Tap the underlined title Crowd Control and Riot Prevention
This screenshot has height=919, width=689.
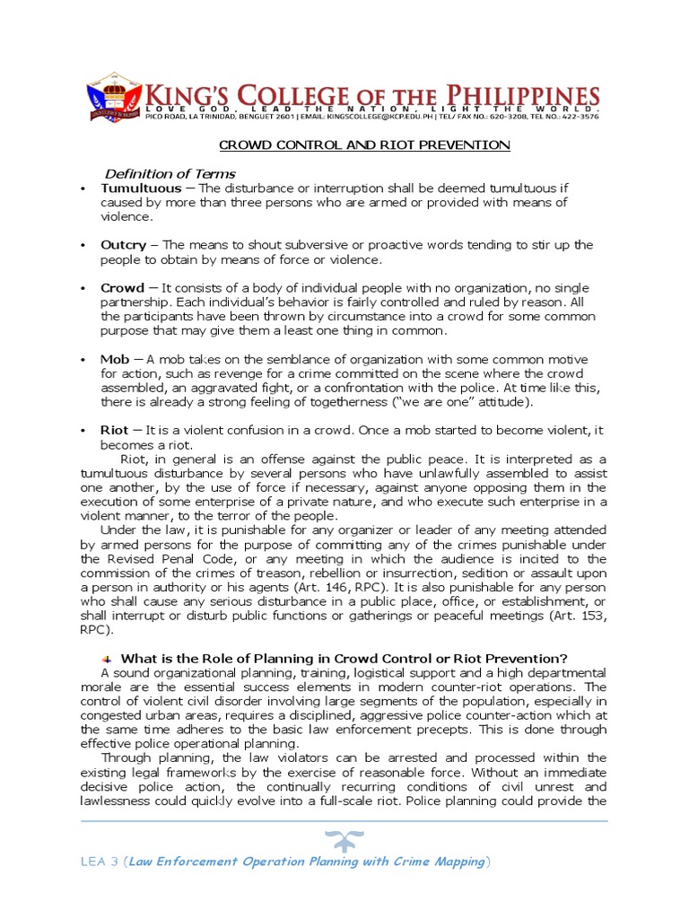365,144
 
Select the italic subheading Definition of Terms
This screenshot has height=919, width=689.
170,173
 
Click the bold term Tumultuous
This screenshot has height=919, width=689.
141,188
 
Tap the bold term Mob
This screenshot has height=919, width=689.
115,360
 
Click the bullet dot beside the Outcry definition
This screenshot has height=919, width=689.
83,246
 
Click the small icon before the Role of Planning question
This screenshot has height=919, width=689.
107,658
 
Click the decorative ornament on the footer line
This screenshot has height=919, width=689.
345,839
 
